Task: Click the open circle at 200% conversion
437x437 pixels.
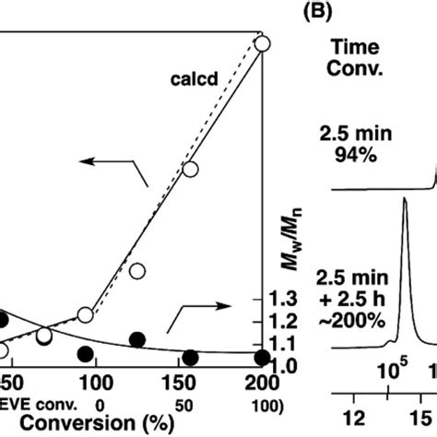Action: (262, 42)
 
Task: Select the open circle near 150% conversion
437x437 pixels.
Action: (191, 169)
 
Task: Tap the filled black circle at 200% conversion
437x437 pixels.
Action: (262, 358)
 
